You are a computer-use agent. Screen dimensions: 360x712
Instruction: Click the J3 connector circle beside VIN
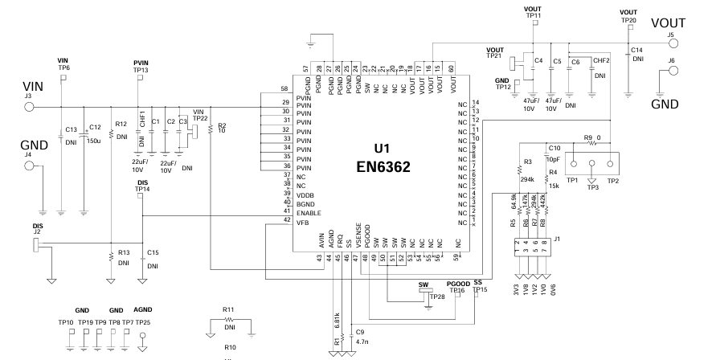click(30, 105)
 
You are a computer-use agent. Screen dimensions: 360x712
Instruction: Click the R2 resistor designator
click(222, 125)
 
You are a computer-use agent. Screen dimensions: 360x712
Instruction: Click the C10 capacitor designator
click(553, 147)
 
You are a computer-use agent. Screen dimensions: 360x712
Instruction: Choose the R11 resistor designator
click(228, 309)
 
